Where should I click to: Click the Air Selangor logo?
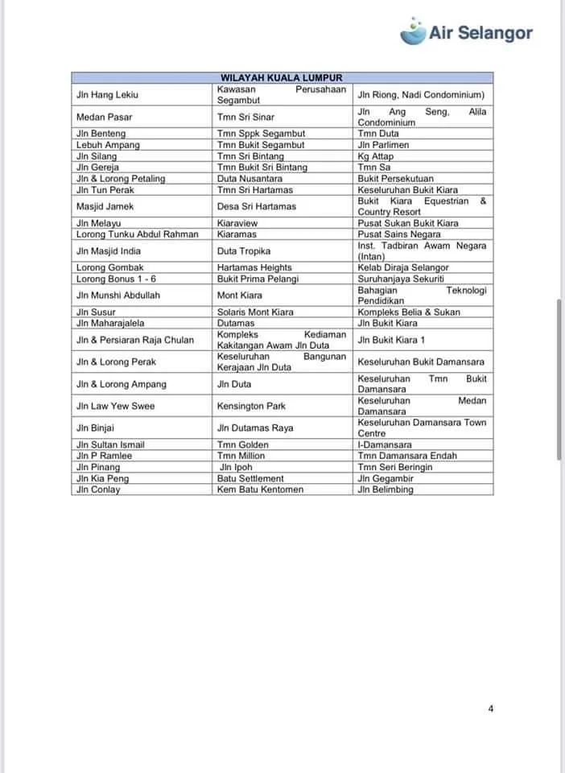[467, 32]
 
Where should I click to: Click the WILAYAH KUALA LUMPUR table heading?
[282, 78]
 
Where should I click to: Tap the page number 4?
[491, 709]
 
